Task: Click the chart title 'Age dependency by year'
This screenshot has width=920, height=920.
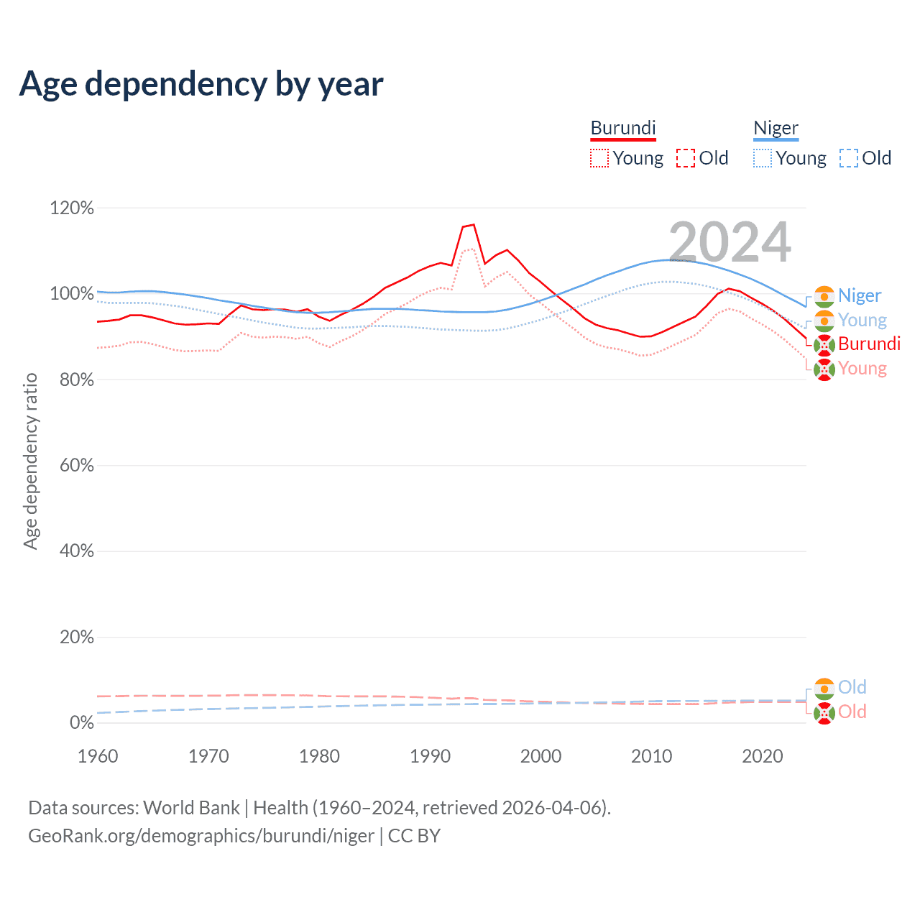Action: (x=201, y=84)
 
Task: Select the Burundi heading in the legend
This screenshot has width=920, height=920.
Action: (x=623, y=128)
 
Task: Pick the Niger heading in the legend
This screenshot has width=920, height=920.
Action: (x=776, y=128)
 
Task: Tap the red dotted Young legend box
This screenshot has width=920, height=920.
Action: (x=599, y=158)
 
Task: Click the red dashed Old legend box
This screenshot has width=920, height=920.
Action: (x=686, y=158)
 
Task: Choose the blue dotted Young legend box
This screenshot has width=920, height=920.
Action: (x=763, y=158)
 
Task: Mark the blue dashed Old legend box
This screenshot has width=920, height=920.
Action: (x=849, y=158)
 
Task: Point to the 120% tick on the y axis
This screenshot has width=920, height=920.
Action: (x=72, y=208)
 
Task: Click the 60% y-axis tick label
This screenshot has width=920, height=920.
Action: (x=76, y=466)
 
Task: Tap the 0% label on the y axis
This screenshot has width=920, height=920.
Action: (x=81, y=723)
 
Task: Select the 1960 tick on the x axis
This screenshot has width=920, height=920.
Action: (x=98, y=756)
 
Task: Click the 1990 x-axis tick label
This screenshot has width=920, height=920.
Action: (x=430, y=756)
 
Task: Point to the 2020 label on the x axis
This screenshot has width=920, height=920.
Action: (x=762, y=756)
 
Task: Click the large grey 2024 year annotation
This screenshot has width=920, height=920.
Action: (x=730, y=242)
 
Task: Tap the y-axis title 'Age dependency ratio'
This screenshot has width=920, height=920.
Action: (x=30, y=461)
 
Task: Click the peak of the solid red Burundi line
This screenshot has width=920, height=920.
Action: (x=473, y=224)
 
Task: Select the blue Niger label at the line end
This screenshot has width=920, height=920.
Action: (x=860, y=295)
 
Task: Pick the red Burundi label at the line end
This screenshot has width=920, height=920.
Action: (x=869, y=344)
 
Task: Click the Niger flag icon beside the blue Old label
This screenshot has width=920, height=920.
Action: (x=824, y=689)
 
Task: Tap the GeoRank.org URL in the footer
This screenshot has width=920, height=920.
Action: (x=201, y=836)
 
